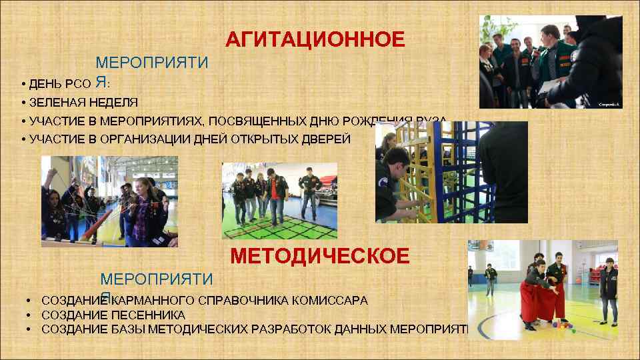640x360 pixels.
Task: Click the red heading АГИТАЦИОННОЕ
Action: coord(315,40)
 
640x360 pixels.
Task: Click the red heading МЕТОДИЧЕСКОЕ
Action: coord(320,256)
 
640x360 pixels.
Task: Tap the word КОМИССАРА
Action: coord(331,301)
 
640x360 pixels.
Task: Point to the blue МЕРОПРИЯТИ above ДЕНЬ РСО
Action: coord(152,63)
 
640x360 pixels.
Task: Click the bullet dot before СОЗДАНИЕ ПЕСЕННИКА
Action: coord(30,315)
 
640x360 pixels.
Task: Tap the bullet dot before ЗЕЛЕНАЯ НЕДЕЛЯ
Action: coord(23,103)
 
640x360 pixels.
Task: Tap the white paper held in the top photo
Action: coord(549,87)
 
